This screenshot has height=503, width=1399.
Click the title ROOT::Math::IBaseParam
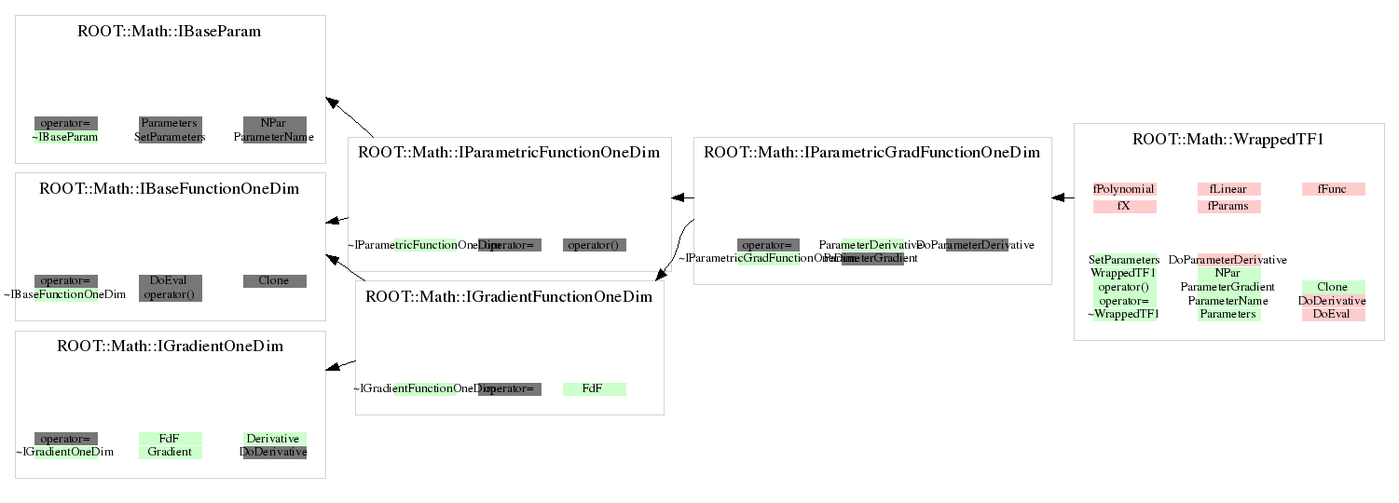click(x=169, y=32)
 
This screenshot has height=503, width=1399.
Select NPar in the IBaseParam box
click(x=274, y=123)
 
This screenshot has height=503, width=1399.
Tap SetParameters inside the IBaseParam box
click(x=170, y=137)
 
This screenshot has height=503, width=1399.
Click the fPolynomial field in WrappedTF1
click(x=1124, y=189)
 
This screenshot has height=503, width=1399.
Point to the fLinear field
click(x=1228, y=189)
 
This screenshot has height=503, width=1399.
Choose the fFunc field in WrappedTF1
click(x=1333, y=189)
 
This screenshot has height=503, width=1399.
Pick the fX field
click(x=1124, y=206)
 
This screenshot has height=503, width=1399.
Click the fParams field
click(x=1228, y=206)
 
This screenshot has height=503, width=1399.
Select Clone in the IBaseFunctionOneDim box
click(x=274, y=280)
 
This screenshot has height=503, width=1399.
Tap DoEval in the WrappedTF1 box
click(x=1333, y=315)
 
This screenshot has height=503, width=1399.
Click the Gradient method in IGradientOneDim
click(x=170, y=452)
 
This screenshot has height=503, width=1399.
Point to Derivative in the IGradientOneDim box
click(x=274, y=438)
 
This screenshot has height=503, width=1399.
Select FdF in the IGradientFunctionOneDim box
click(x=594, y=388)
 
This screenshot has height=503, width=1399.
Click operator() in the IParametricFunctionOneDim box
click(x=594, y=245)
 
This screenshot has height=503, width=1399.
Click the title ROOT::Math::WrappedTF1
click(x=1228, y=140)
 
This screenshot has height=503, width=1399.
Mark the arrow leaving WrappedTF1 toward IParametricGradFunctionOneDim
click(x=1063, y=197)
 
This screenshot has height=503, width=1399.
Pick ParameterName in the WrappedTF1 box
click(x=1228, y=301)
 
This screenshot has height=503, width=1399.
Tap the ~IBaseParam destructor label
click(x=65, y=137)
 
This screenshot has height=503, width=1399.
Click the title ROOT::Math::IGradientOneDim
click(x=170, y=347)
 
